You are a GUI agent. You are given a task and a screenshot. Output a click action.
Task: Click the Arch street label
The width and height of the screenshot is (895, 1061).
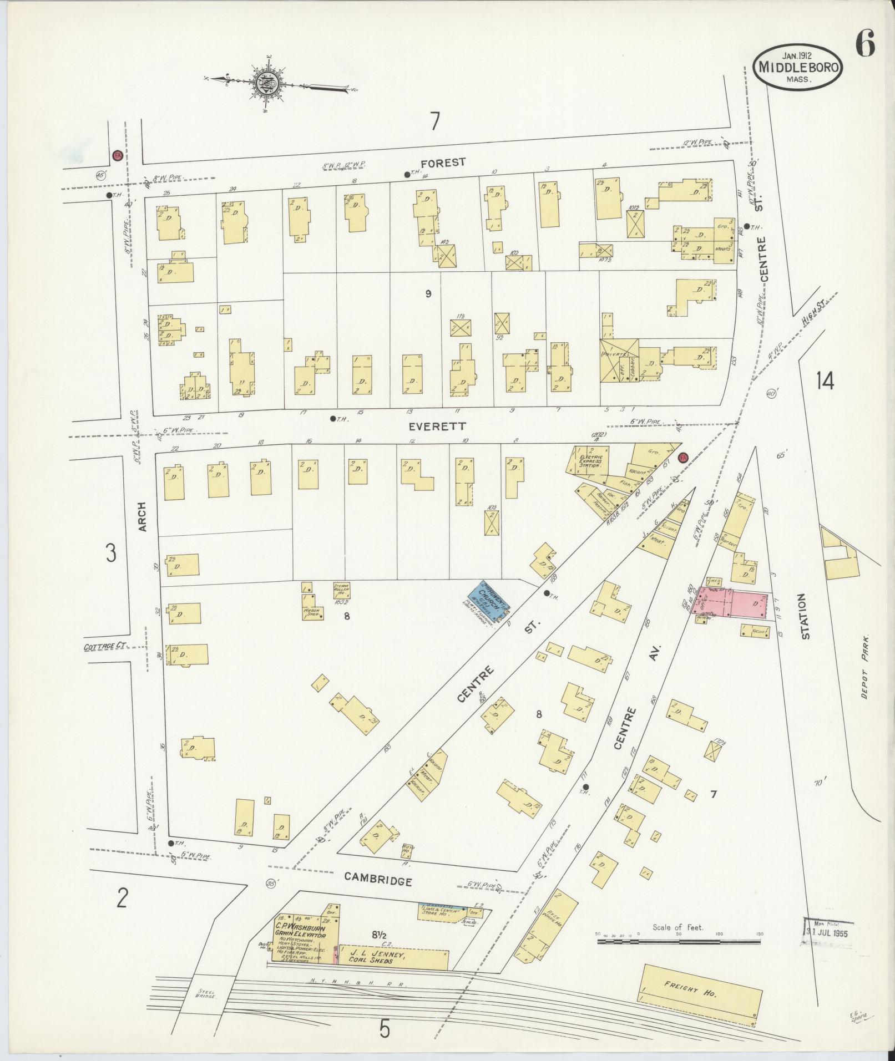[x=142, y=517]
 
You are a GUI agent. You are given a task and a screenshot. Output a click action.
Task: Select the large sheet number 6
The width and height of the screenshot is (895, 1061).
[x=864, y=43]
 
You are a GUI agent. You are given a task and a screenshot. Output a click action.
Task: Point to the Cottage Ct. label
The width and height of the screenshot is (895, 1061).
[x=105, y=647]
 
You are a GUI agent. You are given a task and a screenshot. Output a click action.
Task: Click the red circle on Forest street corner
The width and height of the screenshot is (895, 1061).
[x=117, y=155]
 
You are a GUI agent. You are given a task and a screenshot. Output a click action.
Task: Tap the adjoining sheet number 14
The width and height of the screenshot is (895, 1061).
[x=825, y=381]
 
